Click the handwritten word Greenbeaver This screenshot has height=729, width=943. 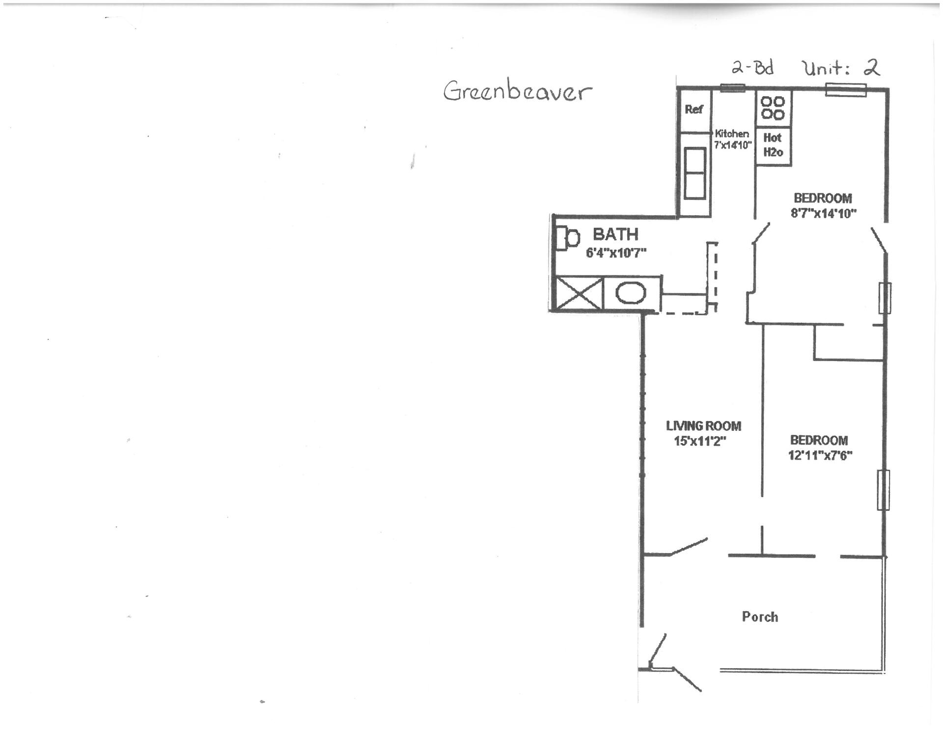pos(518,91)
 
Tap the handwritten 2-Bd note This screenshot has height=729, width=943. pos(752,67)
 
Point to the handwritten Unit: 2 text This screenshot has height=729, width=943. pos(841,67)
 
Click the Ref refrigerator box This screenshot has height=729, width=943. pos(694,111)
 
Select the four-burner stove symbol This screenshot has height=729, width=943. pos(773,108)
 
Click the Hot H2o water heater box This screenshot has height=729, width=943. pos(773,145)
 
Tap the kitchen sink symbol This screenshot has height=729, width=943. pos(695,173)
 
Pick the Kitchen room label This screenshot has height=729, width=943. pos(732,133)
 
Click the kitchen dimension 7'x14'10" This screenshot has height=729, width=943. pos(733,145)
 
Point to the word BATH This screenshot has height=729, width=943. pos(615,234)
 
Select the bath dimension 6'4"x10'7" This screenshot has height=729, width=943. pos(616,253)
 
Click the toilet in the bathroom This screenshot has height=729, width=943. pos(568,238)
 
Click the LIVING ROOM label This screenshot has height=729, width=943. pos(703,426)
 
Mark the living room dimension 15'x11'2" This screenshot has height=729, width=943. pos(700,441)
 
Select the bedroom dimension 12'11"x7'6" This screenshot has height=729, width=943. pos(820,455)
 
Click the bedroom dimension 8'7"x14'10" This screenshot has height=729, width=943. pos(823,213)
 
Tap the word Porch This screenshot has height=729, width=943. pos(760,617)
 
